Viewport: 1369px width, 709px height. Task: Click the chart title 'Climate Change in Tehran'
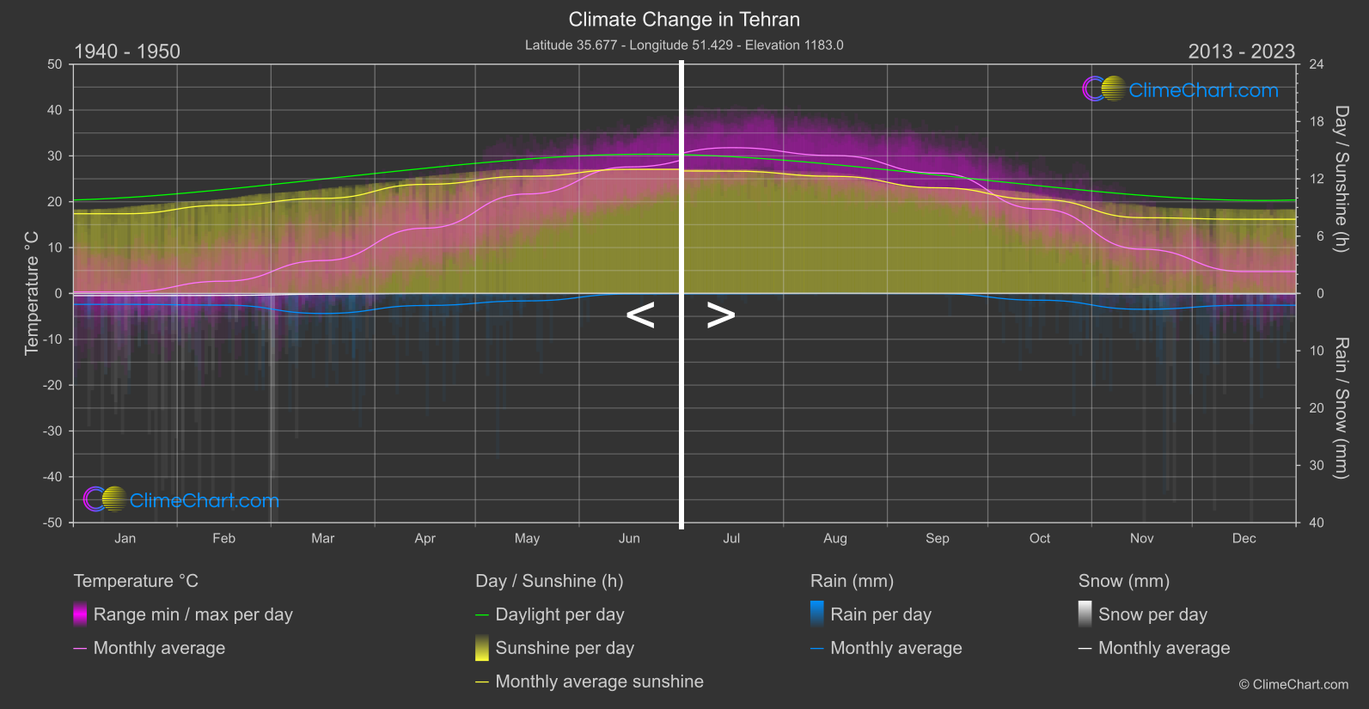point(684,20)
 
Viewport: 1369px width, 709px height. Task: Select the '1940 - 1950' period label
point(127,52)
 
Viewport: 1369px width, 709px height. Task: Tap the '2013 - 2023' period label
point(1241,52)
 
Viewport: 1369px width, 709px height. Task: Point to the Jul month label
point(731,538)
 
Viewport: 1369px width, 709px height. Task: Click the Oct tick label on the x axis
point(1039,538)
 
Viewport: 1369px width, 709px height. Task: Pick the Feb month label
point(223,538)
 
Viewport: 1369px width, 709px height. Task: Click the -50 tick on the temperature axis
point(54,523)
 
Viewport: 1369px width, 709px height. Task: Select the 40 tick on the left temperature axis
point(55,110)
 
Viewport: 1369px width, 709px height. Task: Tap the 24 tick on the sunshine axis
point(1316,64)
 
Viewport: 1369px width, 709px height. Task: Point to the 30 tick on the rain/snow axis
point(1316,465)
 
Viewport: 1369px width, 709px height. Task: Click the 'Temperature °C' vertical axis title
point(32,292)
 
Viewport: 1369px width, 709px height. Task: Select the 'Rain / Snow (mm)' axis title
point(1341,407)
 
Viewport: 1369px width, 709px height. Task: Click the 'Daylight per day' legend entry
point(559,614)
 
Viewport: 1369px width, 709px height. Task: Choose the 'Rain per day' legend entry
point(880,614)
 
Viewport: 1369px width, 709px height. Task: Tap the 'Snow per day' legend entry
point(1152,614)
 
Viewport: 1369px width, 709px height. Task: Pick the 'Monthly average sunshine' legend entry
point(599,681)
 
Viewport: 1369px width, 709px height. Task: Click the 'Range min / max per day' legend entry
point(193,614)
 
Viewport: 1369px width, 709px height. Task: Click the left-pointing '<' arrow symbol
point(640,315)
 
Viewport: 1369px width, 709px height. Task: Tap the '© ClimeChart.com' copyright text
point(1293,684)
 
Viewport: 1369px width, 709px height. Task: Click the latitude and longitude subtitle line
point(684,45)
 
